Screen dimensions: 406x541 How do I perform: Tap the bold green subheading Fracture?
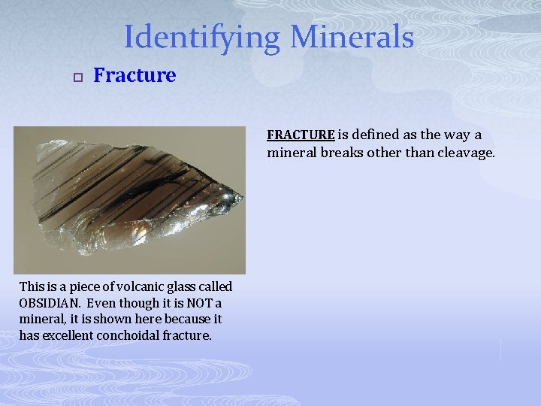click(x=134, y=75)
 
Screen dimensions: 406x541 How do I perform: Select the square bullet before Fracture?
click(x=77, y=76)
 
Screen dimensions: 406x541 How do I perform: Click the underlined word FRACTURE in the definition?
click(x=301, y=135)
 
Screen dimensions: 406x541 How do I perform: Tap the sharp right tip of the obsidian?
click(x=243, y=199)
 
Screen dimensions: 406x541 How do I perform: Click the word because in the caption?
click(x=178, y=320)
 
